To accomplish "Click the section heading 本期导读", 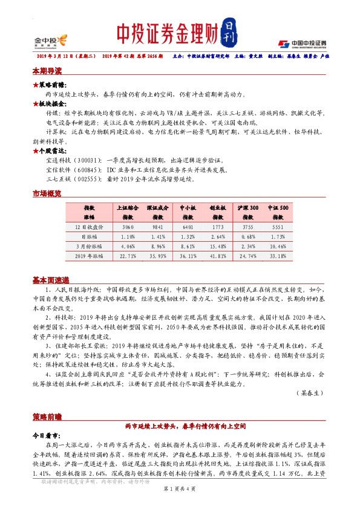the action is pyautogui.click(x=47, y=71).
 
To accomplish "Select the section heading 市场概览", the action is pyautogui.click(x=47, y=193).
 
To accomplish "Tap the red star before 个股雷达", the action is pyautogui.click(x=36, y=150).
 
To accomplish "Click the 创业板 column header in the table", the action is pyautogui.click(x=218, y=207).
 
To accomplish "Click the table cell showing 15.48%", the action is pyautogui.click(x=218, y=247).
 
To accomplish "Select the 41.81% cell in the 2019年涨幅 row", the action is pyautogui.click(x=218, y=256).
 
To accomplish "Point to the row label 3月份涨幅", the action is pyautogui.click(x=89, y=247).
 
